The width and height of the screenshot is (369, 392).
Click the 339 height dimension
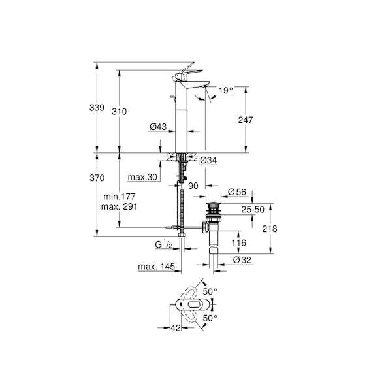[97, 108]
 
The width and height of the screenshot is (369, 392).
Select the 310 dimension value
[119, 112]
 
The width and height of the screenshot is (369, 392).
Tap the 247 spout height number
[246, 120]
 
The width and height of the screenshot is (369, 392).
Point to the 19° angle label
[226, 90]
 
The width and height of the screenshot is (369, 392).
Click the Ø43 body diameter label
[158, 127]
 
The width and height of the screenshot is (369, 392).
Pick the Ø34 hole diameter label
[208, 160]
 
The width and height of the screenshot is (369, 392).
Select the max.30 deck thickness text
[142, 177]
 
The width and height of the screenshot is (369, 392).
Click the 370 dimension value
[97, 178]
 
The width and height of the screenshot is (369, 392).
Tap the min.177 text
[120, 197]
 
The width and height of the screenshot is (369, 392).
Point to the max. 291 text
[119, 206]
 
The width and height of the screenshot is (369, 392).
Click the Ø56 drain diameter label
[237, 192]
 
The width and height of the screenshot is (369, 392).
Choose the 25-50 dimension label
[253, 210]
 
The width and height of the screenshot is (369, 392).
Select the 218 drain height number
[270, 229]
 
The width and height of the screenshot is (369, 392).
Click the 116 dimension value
[239, 243]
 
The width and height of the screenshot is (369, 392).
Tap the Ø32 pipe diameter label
[242, 260]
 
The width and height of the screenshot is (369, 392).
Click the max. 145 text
[156, 267]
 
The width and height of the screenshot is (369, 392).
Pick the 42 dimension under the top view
[176, 327]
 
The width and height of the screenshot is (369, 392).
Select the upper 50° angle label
[210, 291]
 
